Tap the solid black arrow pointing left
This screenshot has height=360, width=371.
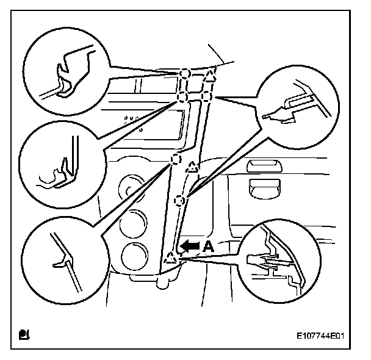190,246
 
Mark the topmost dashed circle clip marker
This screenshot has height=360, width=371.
185,74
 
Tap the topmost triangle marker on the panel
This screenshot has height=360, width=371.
210,76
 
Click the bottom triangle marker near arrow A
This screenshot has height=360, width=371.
170,259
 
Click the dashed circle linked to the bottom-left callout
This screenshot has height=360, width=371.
175,160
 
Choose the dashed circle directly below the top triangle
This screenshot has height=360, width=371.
206,96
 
